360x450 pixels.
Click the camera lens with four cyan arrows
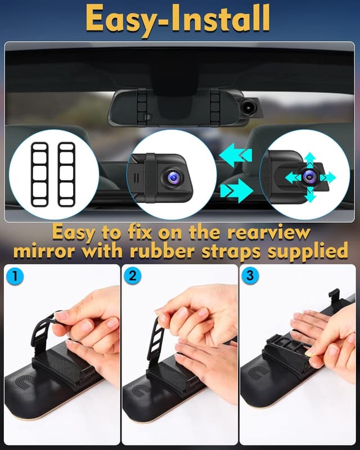308,177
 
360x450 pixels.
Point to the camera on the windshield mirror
248,104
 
